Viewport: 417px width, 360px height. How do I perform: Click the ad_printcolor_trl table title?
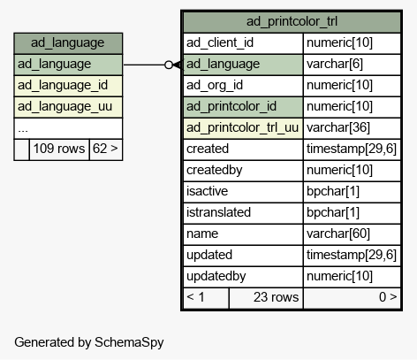click(x=292, y=22)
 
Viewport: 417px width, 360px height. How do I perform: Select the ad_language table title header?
click(x=68, y=43)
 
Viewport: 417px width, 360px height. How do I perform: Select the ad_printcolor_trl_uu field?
click(x=242, y=128)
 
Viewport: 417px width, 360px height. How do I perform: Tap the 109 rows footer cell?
click(x=59, y=149)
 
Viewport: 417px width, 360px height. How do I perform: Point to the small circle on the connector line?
click(x=169, y=65)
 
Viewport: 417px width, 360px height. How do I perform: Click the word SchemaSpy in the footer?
click(x=129, y=342)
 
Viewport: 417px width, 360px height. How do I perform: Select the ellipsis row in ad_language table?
click(x=68, y=128)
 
